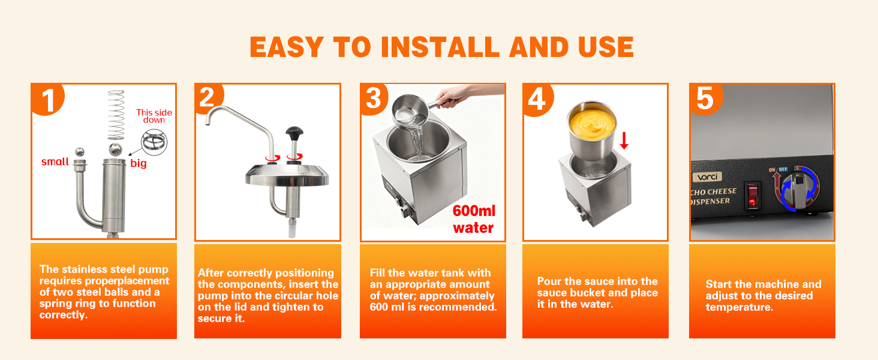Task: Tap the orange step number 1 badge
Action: point(47,99)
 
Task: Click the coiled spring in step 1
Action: point(116,115)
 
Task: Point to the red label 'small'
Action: point(55,161)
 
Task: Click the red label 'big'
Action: point(139,164)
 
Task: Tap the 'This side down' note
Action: point(154,116)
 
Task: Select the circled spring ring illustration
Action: point(154,142)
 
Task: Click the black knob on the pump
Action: point(294,133)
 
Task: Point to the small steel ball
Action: point(80,151)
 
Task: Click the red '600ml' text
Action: point(474,211)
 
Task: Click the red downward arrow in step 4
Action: point(624,140)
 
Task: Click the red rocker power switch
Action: point(752,195)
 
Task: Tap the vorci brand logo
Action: point(708,177)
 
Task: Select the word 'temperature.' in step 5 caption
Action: point(739,307)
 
